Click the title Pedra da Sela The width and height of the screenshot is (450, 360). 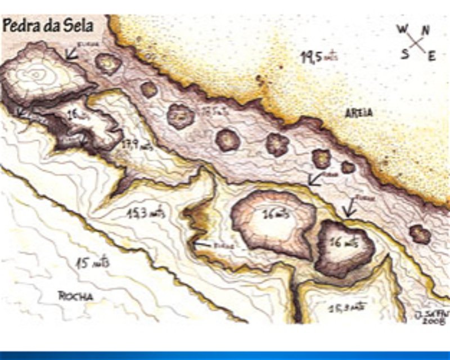[47, 25]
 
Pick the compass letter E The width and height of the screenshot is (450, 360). [431, 56]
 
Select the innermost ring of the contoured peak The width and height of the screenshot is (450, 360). [37, 74]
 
